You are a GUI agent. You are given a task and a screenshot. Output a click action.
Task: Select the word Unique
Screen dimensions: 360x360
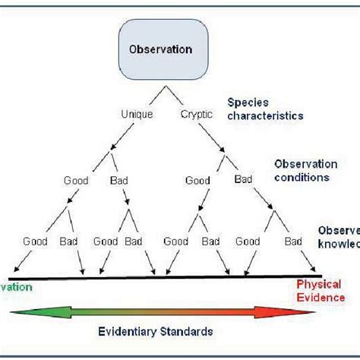[137, 114]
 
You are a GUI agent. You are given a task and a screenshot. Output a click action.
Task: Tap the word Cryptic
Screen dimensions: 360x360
[197, 114]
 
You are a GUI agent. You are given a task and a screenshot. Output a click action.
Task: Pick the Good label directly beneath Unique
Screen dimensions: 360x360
[76, 180]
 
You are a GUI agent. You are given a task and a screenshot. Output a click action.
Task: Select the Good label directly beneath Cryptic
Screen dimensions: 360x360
[199, 180]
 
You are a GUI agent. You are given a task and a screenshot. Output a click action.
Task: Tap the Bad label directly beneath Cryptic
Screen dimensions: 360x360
[243, 180]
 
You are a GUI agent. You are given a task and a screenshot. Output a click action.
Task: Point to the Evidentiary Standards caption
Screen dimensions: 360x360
[154, 332]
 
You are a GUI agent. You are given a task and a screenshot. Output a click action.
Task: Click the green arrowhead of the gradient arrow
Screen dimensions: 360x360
[23, 311]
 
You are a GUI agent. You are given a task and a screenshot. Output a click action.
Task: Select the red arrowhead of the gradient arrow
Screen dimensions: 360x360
[285, 311]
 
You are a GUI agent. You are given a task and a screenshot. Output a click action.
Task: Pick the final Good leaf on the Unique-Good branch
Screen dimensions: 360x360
[35, 241]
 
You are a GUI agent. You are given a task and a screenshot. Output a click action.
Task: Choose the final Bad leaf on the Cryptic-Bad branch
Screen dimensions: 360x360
[292, 241]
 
